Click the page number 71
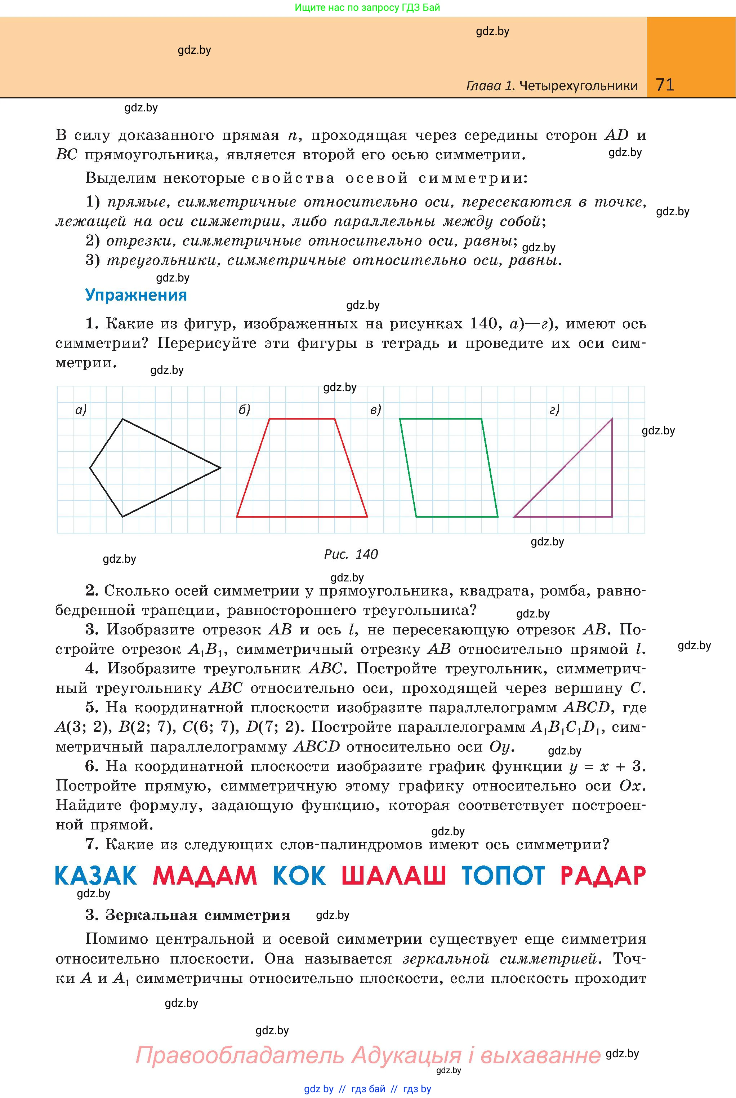click(x=665, y=85)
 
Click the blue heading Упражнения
click(x=136, y=295)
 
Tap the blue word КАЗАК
click(x=96, y=876)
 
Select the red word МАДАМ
click(x=205, y=876)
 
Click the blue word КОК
click(x=299, y=876)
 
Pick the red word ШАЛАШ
click(x=393, y=876)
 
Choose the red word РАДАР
click(x=603, y=876)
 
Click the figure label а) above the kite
click(x=81, y=411)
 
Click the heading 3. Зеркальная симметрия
click(x=188, y=915)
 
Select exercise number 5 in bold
click(x=92, y=707)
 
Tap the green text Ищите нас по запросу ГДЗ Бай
click(x=367, y=8)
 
